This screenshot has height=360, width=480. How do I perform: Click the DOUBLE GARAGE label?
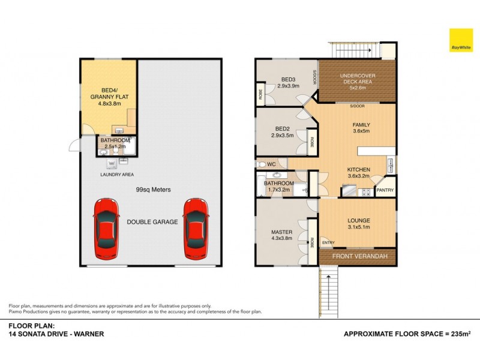click(x=152, y=221)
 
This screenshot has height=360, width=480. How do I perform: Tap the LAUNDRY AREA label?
click(x=117, y=175)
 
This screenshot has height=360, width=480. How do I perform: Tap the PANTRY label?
click(x=385, y=190)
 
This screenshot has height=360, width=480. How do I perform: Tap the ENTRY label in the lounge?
click(x=328, y=242)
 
